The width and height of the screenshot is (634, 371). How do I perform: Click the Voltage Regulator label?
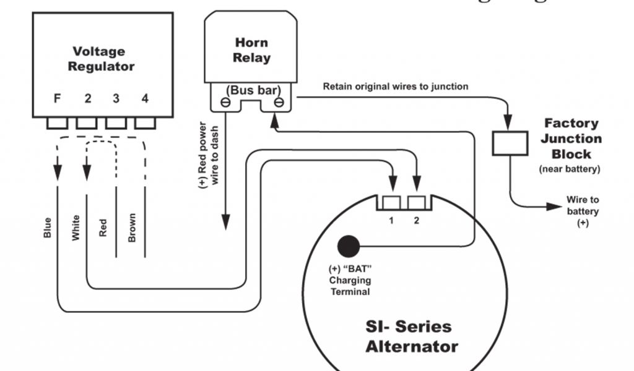100,59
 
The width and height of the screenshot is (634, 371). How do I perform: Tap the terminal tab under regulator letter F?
57,123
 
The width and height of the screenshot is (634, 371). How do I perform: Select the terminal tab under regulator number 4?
145,123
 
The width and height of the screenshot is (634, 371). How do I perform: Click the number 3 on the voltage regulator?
115,98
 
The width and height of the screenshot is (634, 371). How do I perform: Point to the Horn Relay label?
252,51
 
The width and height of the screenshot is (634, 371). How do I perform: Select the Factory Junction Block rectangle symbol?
510,143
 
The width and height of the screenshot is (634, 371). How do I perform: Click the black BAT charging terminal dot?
347,246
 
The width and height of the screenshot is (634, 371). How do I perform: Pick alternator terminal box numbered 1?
391,202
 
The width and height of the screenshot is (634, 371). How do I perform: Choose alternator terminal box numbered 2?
417,202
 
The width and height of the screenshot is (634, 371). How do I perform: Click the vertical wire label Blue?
48,228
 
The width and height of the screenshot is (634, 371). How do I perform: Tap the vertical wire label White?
76,228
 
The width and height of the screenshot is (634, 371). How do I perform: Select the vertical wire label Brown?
131,228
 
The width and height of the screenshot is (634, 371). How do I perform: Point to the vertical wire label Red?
103,228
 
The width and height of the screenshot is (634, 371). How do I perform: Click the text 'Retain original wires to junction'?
395,87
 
